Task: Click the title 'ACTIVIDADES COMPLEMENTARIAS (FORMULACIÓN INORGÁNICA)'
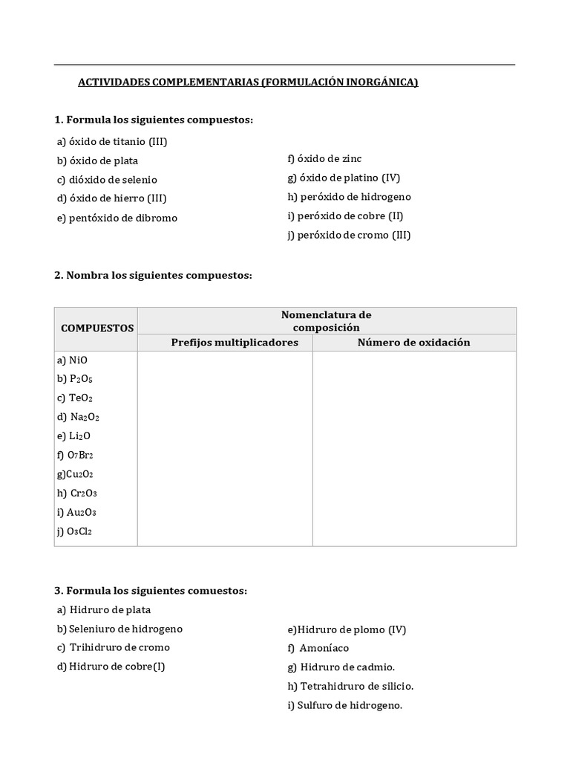pos(248,82)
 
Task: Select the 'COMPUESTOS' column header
pos(97,328)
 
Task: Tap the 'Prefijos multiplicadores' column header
pos(235,343)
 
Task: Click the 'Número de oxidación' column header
pos(413,343)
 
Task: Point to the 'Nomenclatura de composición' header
pos(326,321)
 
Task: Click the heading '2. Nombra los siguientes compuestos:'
pos(154,276)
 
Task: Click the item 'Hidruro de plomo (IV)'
pos(347,629)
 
